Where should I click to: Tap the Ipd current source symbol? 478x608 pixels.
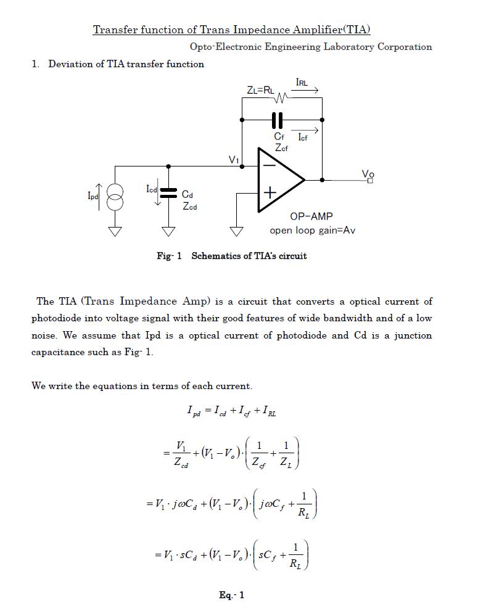[115, 196]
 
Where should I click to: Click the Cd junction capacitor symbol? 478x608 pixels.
[168, 192]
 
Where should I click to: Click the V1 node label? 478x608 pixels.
[234, 160]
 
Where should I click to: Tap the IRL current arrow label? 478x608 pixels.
[302, 82]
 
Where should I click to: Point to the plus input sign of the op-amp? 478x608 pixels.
[270, 193]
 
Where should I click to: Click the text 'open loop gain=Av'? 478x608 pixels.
[312, 231]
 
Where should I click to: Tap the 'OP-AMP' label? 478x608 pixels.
[311, 216]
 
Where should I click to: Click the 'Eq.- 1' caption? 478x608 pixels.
[231, 595]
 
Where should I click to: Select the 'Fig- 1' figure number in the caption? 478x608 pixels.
[169, 256]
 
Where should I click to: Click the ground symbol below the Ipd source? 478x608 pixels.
[115, 231]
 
